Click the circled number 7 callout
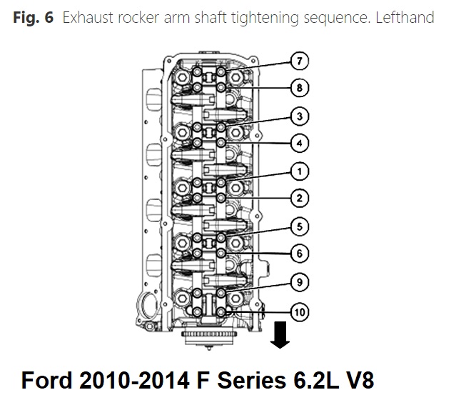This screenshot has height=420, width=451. pyautogui.click(x=300, y=61)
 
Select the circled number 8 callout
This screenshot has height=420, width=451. pyautogui.click(x=300, y=88)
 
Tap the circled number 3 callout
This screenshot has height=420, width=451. pyautogui.click(x=300, y=116)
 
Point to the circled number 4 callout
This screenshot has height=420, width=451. pyautogui.click(x=300, y=143)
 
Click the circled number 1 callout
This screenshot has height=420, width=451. pyautogui.click(x=300, y=171)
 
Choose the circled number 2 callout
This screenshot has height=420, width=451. pyautogui.click(x=300, y=198)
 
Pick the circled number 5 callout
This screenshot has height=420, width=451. pyautogui.click(x=300, y=226)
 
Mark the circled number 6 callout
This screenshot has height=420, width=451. pyautogui.click(x=300, y=253)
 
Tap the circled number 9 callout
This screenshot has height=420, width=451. pyautogui.click(x=300, y=281)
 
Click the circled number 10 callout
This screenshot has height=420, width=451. pyautogui.click(x=300, y=311)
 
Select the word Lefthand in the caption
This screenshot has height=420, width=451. pyautogui.click(x=402, y=16)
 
